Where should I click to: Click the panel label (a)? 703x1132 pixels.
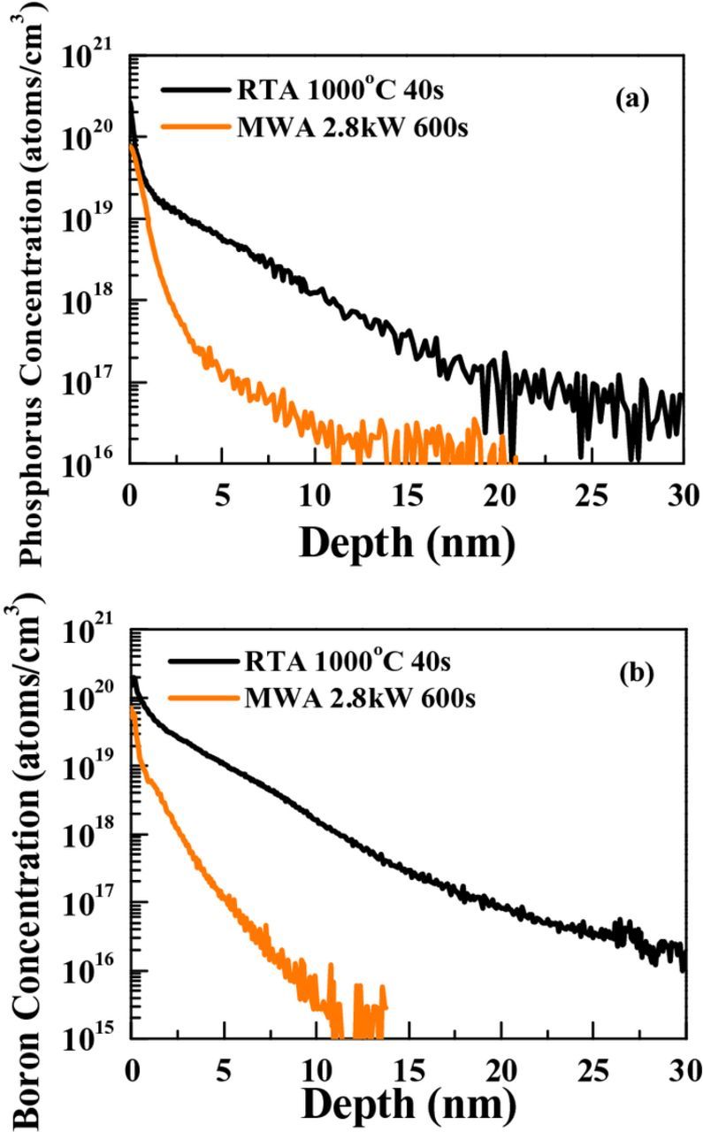[x=632, y=99]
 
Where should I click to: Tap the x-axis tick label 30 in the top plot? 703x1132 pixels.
[x=683, y=492]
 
